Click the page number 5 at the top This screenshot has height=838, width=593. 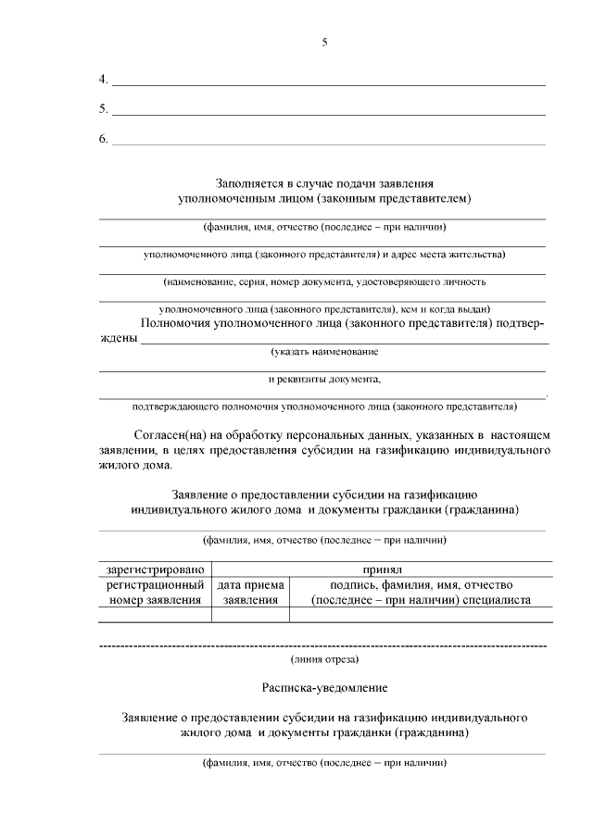tap(324, 43)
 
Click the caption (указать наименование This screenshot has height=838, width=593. tap(324, 352)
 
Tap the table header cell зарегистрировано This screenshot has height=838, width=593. tap(154, 569)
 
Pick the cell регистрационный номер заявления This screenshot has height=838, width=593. tap(154, 593)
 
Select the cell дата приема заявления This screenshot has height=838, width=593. tap(250, 593)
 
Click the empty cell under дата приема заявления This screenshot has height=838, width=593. tap(250, 614)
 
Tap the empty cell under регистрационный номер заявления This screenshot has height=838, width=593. tap(154, 614)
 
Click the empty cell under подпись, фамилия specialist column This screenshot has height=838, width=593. tap(421, 614)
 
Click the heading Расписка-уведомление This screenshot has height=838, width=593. tap(324, 689)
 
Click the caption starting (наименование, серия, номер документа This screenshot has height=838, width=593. tap(324, 281)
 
